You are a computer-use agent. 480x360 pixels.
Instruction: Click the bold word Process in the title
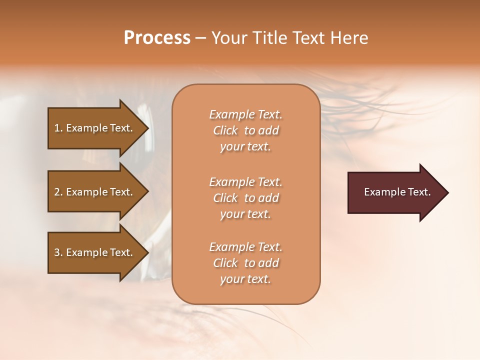pos(157,38)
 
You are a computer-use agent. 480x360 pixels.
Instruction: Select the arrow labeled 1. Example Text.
pos(95,128)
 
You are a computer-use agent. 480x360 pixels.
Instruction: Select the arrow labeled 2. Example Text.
pos(95,192)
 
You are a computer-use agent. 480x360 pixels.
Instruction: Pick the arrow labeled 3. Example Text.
pos(95,252)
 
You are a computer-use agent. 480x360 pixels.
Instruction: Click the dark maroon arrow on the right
pos(395,192)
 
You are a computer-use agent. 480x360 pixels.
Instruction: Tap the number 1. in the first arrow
pos(58,128)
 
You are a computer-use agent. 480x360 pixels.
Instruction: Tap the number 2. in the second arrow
pos(58,192)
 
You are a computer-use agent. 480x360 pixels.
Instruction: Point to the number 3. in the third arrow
pos(58,252)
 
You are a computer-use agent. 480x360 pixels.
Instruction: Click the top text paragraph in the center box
pos(245,130)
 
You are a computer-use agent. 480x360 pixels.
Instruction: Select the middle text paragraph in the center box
pos(245,197)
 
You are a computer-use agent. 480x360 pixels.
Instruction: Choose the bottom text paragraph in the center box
pos(245,263)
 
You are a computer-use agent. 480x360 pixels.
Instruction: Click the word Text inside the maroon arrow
pos(419,192)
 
